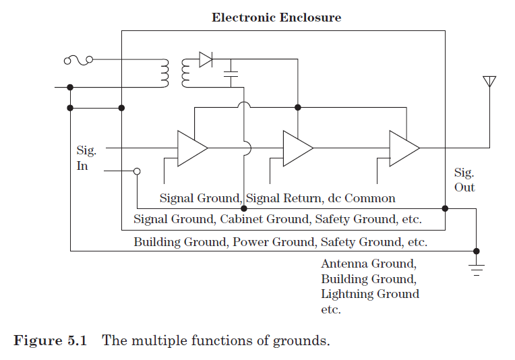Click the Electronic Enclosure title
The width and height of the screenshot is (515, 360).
point(276,18)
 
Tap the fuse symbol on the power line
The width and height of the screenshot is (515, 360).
point(78,61)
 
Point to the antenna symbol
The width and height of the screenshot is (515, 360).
point(489,82)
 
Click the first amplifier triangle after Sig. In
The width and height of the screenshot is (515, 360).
point(191,148)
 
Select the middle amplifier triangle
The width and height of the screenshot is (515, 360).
point(297,148)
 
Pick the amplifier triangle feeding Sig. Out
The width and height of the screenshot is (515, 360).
point(404,148)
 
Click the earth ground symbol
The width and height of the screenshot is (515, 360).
point(477,270)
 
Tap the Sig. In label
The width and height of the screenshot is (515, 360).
point(86,158)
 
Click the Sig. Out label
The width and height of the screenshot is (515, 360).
point(464,180)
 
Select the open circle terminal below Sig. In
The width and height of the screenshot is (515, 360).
point(137,171)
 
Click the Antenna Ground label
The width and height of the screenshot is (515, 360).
point(369,264)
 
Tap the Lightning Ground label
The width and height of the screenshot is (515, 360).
point(369,294)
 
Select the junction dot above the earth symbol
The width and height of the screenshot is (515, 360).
point(477,251)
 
